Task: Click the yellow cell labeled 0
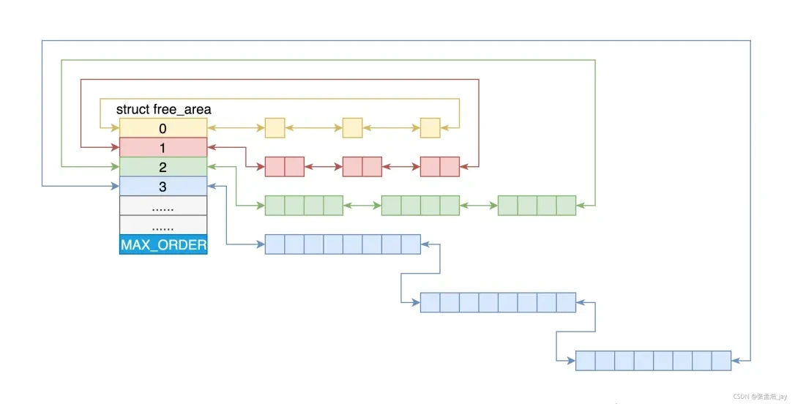click(163, 128)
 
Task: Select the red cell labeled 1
click(163, 147)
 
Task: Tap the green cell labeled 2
click(163, 167)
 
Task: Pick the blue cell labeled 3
click(163, 187)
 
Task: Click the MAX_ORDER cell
click(163, 244)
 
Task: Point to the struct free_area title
click(163, 110)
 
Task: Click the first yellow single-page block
click(275, 128)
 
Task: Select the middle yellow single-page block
click(352, 128)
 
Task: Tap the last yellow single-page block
click(430, 128)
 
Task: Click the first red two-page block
click(284, 167)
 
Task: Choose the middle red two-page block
click(362, 167)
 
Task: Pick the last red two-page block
click(439, 167)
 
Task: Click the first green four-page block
click(304, 206)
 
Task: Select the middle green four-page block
click(420, 206)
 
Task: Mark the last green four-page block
click(537, 206)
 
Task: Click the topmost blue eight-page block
click(343, 244)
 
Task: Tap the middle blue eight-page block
click(498, 302)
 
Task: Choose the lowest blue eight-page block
click(653, 361)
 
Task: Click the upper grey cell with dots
click(163, 206)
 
